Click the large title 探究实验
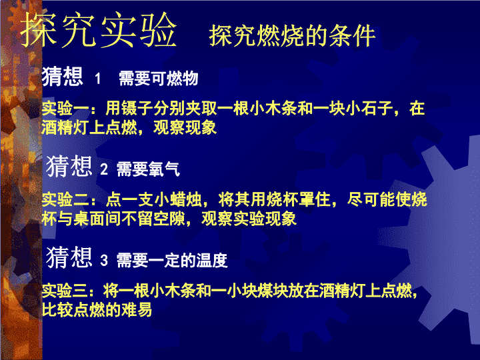coord(99,30)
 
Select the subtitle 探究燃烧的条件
coord(293,36)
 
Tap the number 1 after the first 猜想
coord(97,79)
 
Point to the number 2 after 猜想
coord(104,169)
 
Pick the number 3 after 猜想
coord(104,260)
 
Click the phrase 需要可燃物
coord(159,78)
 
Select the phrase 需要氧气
coord(148,169)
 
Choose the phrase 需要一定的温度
coord(172,260)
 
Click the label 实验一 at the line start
coord(65,109)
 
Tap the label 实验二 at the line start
coord(65,199)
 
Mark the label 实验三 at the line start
coord(65,291)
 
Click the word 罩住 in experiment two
coord(315,199)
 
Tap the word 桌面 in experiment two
coord(89,219)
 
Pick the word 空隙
coord(169,219)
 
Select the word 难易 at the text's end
coord(137,309)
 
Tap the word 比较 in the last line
coord(57,309)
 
